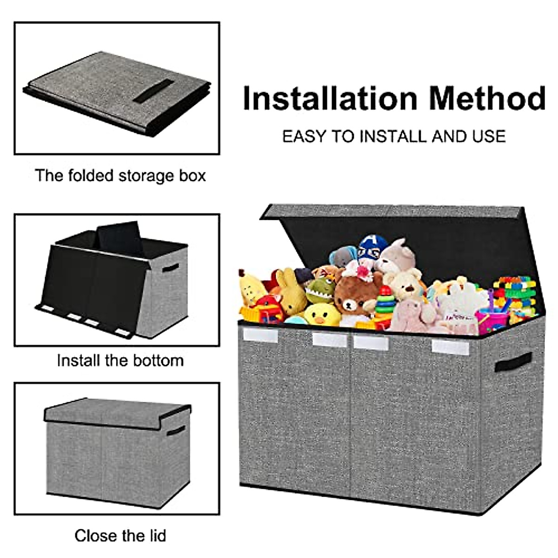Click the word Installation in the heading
pos(330,99)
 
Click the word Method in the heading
pos(487,99)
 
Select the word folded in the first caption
pos(91,176)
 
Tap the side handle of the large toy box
pos(512,362)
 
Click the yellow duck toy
pos(322,314)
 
